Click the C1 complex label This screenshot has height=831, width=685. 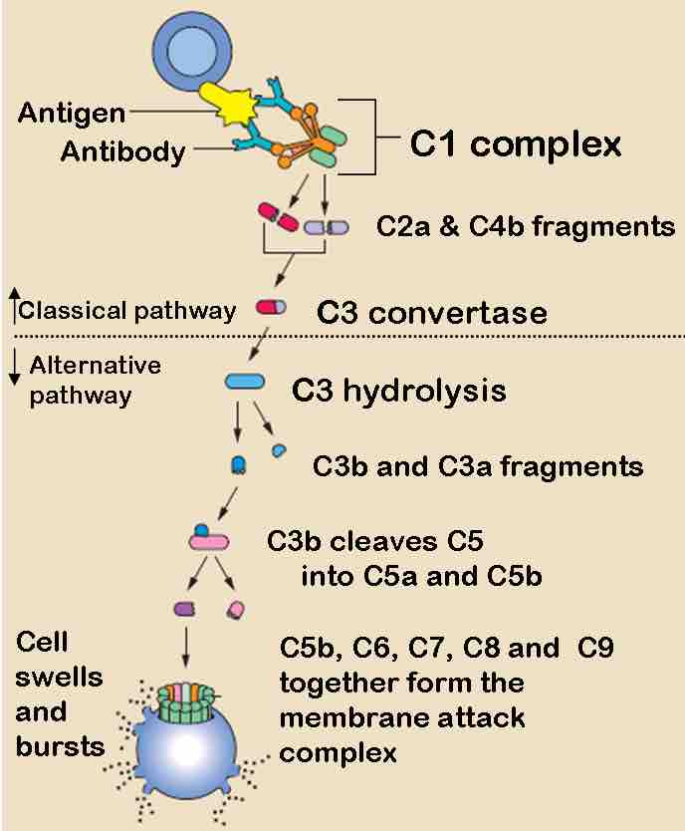tap(516, 144)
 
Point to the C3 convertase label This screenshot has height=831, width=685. tap(431, 313)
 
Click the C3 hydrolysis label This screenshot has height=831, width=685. tap(398, 390)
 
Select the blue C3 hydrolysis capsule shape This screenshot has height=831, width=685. tap(245, 382)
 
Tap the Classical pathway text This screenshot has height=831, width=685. tap(127, 310)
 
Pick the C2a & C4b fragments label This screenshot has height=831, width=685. tap(526, 226)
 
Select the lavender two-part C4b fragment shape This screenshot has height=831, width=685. tap(327, 227)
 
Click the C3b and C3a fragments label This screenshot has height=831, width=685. tap(477, 466)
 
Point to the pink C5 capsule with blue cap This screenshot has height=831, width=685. tap(209, 539)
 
